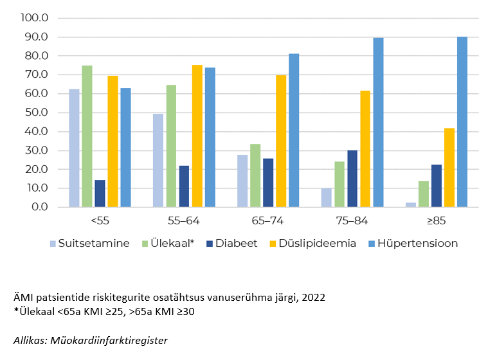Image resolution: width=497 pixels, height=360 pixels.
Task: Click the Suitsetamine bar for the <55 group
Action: pyautogui.click(x=74, y=148)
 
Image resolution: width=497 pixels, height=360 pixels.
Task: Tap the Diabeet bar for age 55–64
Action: pyautogui.click(x=184, y=186)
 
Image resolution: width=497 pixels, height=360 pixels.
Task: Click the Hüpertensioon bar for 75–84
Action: pyautogui.click(x=378, y=122)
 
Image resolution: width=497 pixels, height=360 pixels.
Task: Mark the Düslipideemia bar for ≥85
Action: pyautogui.click(x=449, y=167)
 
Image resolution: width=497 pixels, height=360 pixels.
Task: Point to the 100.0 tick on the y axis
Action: pyautogui.click(x=35, y=17)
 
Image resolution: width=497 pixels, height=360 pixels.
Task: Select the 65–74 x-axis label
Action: pyautogui.click(x=267, y=221)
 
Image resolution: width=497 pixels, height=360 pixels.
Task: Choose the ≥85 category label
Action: pyautogui.click(x=435, y=221)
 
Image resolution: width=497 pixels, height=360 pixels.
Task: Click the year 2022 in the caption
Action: pyautogui.click(x=314, y=298)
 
